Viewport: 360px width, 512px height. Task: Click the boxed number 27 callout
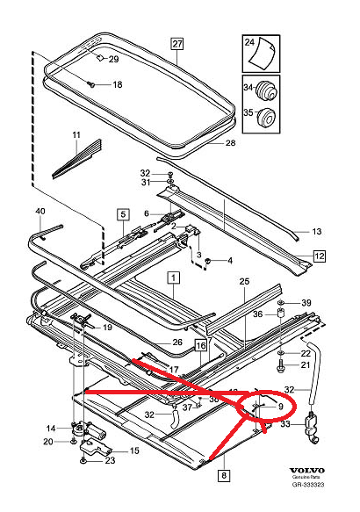(x=176, y=44)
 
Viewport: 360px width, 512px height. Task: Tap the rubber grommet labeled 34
(x=270, y=90)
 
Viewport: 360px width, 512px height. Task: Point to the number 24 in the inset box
(x=248, y=43)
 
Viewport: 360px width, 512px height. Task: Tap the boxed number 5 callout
(x=124, y=214)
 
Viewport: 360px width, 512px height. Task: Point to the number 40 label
(x=39, y=212)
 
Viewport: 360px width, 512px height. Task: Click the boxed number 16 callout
(x=201, y=345)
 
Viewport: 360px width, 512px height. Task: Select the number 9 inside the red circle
(x=280, y=407)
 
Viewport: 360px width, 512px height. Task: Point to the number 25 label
(x=245, y=280)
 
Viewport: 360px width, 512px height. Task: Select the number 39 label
(x=306, y=303)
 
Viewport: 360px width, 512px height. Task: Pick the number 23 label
(x=111, y=459)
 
